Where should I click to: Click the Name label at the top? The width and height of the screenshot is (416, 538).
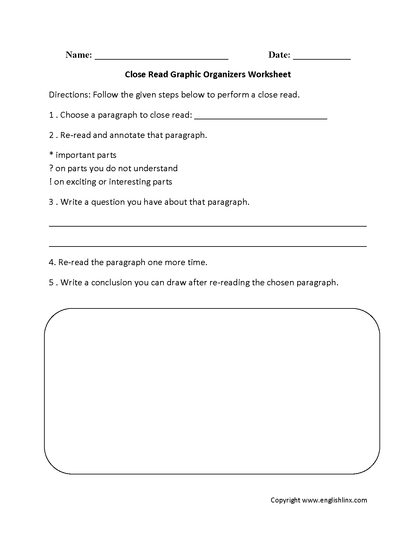coord(79,55)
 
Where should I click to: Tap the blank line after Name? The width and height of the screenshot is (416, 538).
coord(161,59)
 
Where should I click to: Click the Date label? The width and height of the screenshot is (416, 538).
coord(279,55)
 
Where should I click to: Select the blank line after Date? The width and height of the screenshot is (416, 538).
coord(322,59)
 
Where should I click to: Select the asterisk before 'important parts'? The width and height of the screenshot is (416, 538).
coord(51,155)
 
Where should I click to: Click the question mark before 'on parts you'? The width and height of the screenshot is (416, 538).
coord(51,168)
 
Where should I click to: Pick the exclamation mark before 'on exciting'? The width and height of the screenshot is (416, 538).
coord(51,182)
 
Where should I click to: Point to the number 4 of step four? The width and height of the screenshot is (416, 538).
coord(51,262)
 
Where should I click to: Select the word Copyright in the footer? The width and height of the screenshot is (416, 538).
coord(285,500)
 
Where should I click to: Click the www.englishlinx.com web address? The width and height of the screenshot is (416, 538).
coord(334,500)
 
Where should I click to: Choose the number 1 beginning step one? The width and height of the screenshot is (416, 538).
coord(51,115)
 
